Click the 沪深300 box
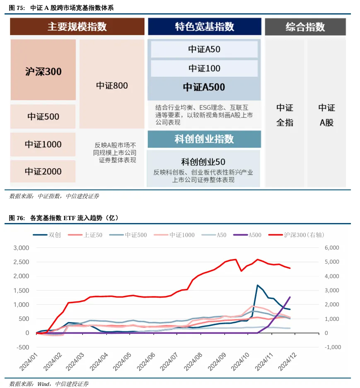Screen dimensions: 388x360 point(43,71)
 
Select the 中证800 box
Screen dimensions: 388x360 point(112,86)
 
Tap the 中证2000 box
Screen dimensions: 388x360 point(43,171)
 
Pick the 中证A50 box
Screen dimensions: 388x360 point(204,49)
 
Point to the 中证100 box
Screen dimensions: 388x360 point(204,68)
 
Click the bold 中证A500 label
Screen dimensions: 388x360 point(204,87)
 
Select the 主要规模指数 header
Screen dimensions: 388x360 point(77,27)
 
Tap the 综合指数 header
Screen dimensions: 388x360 point(305,27)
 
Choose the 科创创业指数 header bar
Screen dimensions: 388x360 point(204,139)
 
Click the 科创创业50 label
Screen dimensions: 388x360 point(203,162)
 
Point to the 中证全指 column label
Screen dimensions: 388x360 point(285,115)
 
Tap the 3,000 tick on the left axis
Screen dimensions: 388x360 point(22,248)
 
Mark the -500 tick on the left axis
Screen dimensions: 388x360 point(23,347)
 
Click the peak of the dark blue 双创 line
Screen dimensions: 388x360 point(258,285)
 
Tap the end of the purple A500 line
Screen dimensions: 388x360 point(290,297)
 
